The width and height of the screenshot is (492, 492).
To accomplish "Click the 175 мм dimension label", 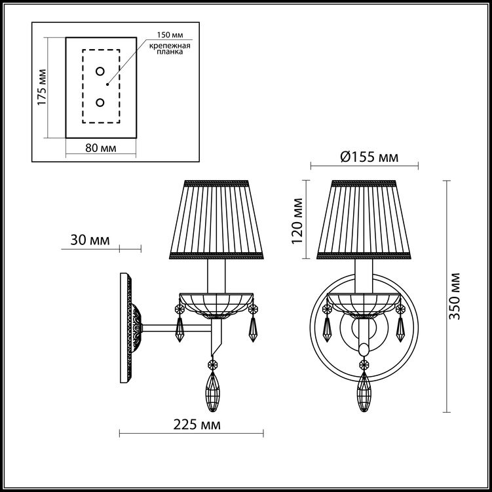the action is point(42,87).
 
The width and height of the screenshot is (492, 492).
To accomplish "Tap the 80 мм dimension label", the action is point(101,148).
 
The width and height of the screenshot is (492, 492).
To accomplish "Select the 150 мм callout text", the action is point(170,35).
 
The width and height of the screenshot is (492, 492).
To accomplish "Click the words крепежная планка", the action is point(170,49).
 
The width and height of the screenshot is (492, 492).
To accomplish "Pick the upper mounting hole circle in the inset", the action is point(100,71).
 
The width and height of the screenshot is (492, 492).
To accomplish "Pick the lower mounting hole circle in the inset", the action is point(100,102).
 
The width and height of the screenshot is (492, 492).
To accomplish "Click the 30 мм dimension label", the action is point(90,240).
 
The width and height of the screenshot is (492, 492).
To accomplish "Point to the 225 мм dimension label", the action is point(197,425).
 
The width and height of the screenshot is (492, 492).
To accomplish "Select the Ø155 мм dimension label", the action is point(369,157).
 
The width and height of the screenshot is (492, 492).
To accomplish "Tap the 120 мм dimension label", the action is point(297,221).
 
